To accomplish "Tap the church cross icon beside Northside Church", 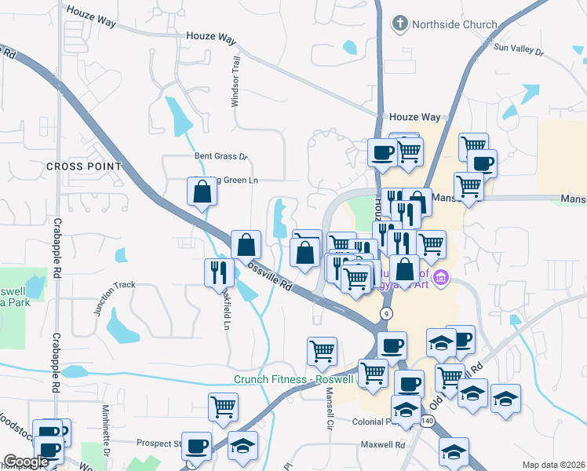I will point(400,24).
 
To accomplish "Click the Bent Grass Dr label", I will point(221,156).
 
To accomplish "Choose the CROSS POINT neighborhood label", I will point(84,166).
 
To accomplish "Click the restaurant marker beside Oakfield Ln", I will point(218,272).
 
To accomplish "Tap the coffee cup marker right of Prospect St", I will point(196,445).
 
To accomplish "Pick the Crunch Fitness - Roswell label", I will point(295,380).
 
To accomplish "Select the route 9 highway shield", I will point(386,313).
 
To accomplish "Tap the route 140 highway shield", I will point(427,421).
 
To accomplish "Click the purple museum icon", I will point(440,277).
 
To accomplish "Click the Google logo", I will point(26,462).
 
